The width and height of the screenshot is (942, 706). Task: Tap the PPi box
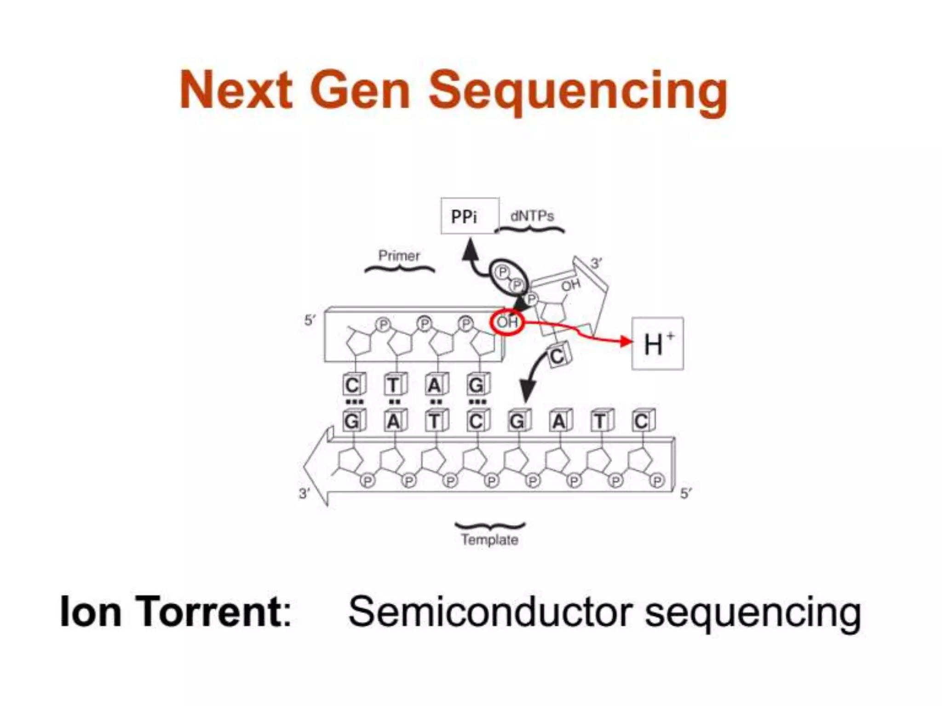coord(469,216)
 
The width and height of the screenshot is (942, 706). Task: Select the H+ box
coord(657,343)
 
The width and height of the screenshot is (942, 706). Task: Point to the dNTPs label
coord(532,216)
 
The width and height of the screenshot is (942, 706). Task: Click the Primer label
coord(399,256)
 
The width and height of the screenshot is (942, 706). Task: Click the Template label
coord(489,540)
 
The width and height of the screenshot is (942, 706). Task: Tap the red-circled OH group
coord(507,322)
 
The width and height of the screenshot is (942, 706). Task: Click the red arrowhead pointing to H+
coord(626,342)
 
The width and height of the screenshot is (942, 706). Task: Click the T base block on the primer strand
coord(394,385)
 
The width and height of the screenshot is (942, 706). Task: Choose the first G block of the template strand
coord(353,421)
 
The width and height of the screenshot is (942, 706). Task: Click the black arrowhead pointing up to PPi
coord(470,251)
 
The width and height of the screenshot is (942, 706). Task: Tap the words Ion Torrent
coord(176,611)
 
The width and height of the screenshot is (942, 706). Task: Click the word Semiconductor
coord(490,611)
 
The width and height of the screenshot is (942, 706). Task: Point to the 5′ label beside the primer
coord(310,320)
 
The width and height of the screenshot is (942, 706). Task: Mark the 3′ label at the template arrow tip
coord(304,494)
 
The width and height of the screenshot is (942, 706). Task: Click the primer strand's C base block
coord(353,385)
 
